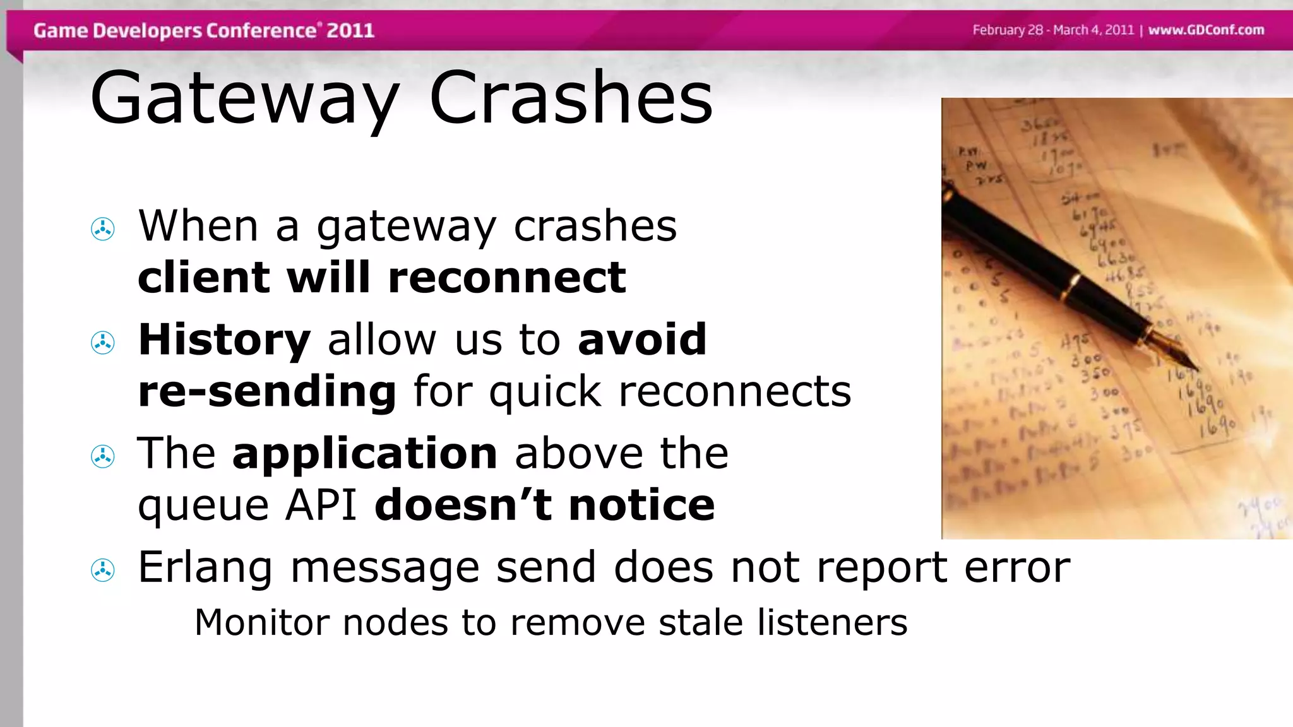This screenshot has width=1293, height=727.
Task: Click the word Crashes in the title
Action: [x=571, y=98]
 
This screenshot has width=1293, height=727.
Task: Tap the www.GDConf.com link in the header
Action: [x=1206, y=30]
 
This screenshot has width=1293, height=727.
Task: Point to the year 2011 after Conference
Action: [x=350, y=30]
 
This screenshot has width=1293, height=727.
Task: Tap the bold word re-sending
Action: [x=267, y=391]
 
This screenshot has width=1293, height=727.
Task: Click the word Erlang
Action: [x=205, y=567]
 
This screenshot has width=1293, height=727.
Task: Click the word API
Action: [x=321, y=505]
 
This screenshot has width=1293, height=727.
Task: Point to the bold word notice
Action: [x=641, y=505]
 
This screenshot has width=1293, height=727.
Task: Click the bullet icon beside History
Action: [x=103, y=343]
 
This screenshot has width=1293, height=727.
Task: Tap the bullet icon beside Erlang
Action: [x=103, y=570]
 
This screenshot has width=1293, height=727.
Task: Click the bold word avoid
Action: [x=642, y=340]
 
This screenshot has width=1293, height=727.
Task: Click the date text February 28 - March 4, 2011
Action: [x=1053, y=30]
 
